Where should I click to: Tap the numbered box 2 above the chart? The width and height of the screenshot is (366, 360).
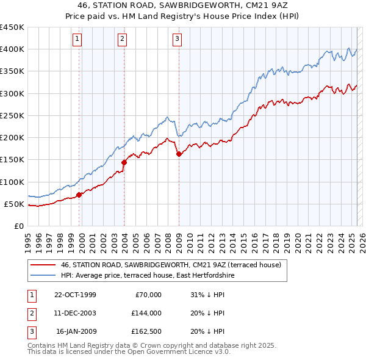[x=123, y=40]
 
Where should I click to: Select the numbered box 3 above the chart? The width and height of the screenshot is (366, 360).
[x=177, y=40]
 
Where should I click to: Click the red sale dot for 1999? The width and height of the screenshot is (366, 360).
[x=79, y=195]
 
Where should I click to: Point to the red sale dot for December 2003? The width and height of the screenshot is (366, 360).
[x=124, y=162]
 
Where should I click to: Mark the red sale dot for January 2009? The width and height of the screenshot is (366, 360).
[x=179, y=154]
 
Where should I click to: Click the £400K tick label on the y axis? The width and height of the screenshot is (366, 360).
[x=12, y=49]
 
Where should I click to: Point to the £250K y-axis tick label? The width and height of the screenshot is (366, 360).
[x=12, y=115]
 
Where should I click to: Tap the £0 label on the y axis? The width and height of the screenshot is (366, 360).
[x=19, y=226]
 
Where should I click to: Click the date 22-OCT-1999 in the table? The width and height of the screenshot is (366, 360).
[x=75, y=295]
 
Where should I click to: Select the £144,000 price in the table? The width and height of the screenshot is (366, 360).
[x=146, y=313]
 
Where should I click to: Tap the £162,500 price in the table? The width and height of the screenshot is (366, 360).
[x=146, y=331]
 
